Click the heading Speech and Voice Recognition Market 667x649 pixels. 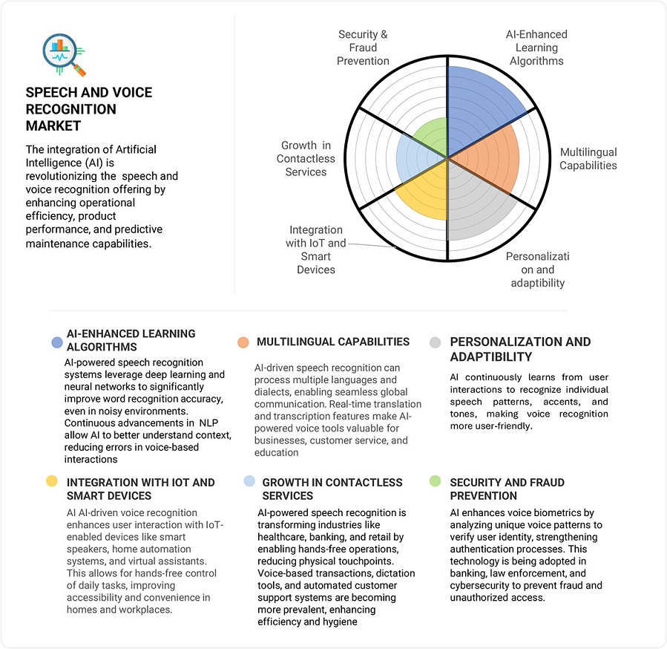88,109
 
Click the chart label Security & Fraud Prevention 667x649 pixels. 363,48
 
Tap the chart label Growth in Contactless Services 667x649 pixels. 306,159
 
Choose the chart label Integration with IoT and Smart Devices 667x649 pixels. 316,250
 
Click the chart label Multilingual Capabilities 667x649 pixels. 588,159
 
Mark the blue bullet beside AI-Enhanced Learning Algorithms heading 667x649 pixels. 56,342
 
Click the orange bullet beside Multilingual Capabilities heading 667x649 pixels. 243,342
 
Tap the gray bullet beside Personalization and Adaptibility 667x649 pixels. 436,342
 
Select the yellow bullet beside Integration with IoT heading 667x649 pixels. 51,481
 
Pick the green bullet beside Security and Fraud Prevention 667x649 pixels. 436,481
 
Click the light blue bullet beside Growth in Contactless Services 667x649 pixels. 249,481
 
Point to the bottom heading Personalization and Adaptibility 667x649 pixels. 520,349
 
